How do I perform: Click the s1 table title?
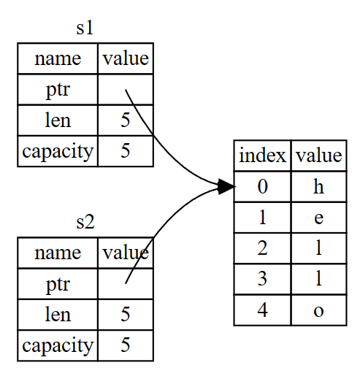pos(85,28)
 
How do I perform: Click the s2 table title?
pos(85,222)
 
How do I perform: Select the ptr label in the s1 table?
pos(58,91)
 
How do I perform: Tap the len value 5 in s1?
pos(126,120)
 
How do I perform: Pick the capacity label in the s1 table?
pos(58,152)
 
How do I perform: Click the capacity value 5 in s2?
pos(126,345)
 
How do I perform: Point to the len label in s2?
pos(58,314)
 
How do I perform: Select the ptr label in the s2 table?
pos(58,285)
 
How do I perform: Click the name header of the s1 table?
pos(58,59)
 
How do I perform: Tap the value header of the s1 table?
pos(126,58)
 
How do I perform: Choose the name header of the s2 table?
pos(58,253)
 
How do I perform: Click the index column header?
pos(262,156)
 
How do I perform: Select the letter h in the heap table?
pos(318,186)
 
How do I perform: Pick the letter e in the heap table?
pos(319,218)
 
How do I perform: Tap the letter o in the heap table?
pos(319,311)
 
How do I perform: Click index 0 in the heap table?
pos(263,187)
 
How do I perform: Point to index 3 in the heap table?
pos(262,279)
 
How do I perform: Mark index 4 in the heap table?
pos(262,310)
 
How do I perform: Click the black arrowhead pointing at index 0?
pos(227,187)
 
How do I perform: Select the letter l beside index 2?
pos(319,248)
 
